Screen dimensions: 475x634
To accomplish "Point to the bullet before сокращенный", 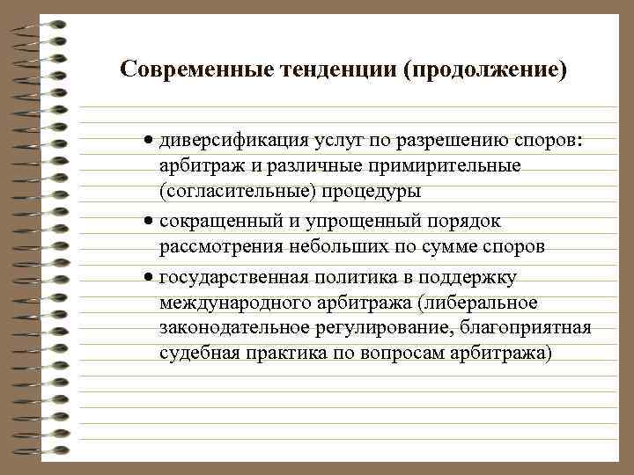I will pyautogui.click(x=151, y=221).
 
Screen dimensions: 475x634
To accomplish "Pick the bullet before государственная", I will pyautogui.click(x=151, y=278).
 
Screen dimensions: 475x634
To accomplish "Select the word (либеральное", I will pyautogui.click(x=479, y=303).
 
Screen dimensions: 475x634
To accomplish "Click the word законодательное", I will pyautogui.click(x=232, y=329).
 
